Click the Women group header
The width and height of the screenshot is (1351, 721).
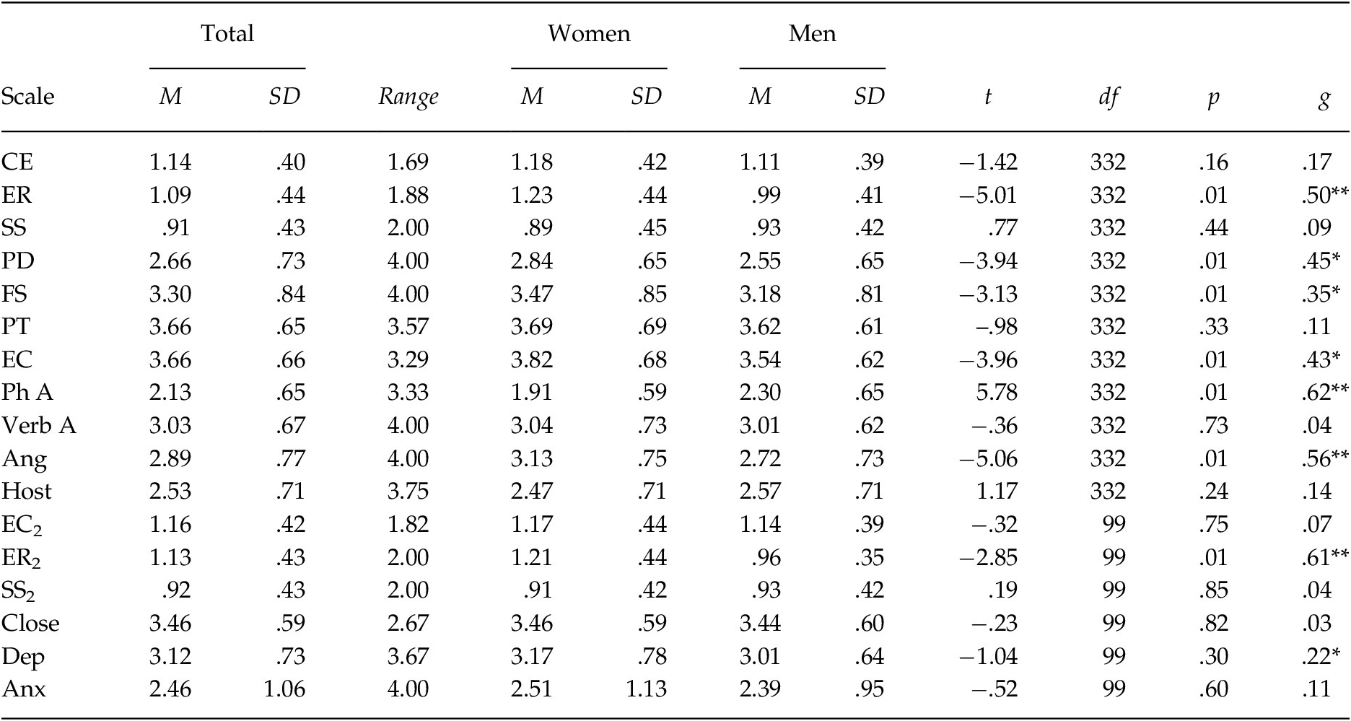(x=588, y=34)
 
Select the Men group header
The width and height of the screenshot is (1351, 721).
(x=812, y=34)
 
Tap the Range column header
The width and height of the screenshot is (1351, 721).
(x=408, y=97)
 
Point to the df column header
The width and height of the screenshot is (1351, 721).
(x=1108, y=97)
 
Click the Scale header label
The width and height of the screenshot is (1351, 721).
(x=27, y=97)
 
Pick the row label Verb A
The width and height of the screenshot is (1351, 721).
(x=39, y=426)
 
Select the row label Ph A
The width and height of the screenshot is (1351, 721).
(x=27, y=393)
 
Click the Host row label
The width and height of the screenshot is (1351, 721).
(x=27, y=491)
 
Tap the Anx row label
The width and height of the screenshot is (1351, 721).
(x=24, y=689)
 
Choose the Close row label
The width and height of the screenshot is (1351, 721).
(x=30, y=624)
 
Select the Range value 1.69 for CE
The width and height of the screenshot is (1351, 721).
(x=408, y=162)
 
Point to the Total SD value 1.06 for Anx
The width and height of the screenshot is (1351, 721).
(x=284, y=689)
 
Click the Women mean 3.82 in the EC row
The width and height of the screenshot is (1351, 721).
(x=532, y=359)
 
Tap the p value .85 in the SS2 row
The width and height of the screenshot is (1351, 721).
(x=1213, y=590)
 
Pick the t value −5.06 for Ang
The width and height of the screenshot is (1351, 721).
(x=988, y=459)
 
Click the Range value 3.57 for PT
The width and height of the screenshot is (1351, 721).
(x=408, y=327)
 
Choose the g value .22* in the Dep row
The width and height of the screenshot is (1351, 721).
(x=1321, y=656)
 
